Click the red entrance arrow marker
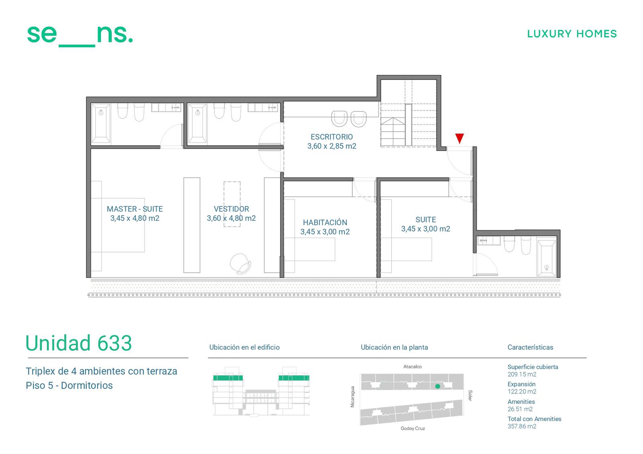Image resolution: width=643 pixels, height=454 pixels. (460, 138)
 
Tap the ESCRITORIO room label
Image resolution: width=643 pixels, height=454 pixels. (332, 137)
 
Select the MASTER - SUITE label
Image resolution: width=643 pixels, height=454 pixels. (135, 209)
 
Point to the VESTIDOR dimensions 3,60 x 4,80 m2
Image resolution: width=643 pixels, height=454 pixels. (231, 218)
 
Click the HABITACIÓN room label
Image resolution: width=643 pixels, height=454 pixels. (325, 222)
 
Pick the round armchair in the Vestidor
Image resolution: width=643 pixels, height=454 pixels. (241, 264)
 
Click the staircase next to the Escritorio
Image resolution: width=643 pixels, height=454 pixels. (408, 113)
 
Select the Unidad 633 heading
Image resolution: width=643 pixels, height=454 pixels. (79, 343)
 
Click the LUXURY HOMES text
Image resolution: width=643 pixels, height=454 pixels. (572, 34)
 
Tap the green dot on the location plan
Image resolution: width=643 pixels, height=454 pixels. (438, 386)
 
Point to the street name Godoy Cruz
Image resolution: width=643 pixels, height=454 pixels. (412, 428)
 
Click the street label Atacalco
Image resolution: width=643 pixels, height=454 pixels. (412, 366)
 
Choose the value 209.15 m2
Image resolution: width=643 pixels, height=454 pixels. (522, 374)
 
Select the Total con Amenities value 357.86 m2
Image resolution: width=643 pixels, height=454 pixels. (522, 426)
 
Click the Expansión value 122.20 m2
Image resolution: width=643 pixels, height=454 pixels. (522, 391)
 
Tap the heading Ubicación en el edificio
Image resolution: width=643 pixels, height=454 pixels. (244, 347)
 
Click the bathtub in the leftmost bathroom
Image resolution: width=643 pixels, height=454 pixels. (101, 124)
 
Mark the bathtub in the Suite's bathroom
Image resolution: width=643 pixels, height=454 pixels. (547, 258)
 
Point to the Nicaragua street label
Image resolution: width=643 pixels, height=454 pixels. (352, 397)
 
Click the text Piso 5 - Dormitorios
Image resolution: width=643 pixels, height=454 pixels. (69, 385)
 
